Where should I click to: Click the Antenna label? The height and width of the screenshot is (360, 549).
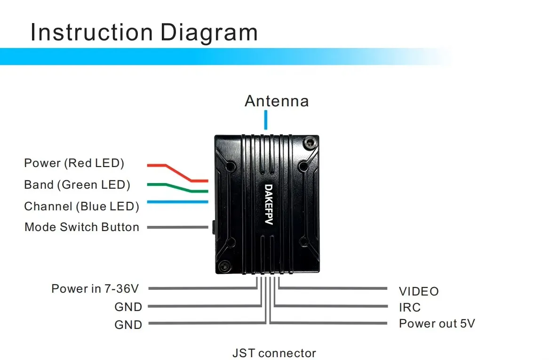point(277,101)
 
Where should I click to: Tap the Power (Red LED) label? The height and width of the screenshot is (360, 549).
point(74,163)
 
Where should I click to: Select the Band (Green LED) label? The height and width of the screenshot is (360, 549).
point(77,185)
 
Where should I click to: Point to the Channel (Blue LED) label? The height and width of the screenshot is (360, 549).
point(82,206)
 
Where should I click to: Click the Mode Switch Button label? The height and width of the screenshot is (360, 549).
point(82,227)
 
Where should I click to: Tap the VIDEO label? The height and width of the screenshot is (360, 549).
point(419,292)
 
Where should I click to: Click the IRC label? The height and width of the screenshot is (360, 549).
point(410,308)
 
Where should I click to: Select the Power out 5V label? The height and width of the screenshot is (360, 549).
point(437,324)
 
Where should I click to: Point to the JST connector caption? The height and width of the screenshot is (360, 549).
point(274,353)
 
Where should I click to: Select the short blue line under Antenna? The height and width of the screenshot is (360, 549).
point(266,120)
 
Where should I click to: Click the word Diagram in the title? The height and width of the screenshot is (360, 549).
point(209,32)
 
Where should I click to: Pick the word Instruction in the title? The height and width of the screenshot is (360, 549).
point(92,32)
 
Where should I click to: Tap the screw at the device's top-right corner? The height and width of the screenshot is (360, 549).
point(309,142)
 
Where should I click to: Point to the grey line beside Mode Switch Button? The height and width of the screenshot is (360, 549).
point(177,227)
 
